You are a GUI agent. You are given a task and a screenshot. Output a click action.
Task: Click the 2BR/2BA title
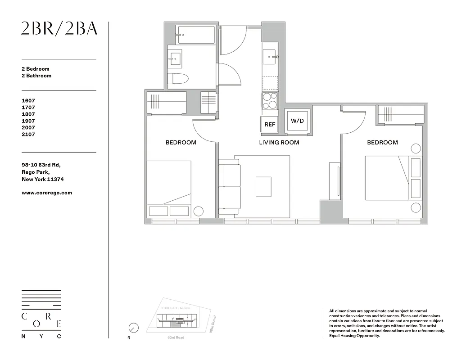59,29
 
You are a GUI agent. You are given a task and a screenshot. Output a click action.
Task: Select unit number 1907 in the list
28,121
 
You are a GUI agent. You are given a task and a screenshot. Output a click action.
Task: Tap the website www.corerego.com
47,193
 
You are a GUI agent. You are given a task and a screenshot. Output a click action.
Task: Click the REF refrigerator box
270,125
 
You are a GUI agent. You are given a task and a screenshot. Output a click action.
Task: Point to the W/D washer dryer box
297,121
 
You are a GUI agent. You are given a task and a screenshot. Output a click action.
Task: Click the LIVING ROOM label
279,143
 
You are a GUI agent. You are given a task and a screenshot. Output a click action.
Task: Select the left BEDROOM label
181,143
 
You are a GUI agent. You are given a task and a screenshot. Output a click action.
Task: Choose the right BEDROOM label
382,143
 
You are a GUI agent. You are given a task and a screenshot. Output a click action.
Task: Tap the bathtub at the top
196,35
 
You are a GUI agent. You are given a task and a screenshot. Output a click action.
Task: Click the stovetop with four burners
270,101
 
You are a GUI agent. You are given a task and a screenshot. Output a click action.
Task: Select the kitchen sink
271,57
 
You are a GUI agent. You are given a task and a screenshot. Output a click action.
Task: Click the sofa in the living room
230,186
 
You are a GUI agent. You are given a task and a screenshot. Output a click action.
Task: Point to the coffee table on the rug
263,186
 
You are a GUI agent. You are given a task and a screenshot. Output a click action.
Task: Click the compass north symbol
133,328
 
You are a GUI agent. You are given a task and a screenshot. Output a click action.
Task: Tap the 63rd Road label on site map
176,337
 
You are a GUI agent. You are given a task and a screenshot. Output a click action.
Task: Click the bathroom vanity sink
175,58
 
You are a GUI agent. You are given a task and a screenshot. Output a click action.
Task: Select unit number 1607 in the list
28,101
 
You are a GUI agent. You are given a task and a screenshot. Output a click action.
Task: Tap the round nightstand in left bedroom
198,211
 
